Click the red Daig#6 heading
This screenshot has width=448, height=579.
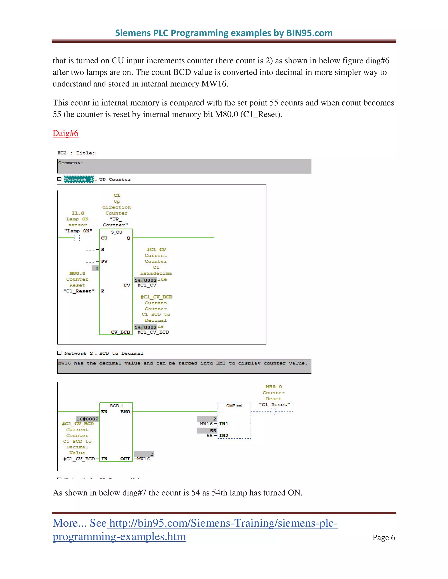tap(66, 133)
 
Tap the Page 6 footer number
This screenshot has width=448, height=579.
tap(383, 537)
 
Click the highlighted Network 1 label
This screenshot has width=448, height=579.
tap(79, 179)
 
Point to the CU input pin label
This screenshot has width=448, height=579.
tap(104, 238)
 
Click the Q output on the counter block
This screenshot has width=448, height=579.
tap(128, 238)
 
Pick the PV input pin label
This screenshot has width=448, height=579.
tap(105, 261)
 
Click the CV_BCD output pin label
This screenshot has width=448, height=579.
tap(121, 332)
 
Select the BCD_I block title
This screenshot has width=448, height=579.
tap(116, 406)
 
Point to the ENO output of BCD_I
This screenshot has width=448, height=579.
tap(125, 412)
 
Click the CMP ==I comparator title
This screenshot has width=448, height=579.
tap(234, 406)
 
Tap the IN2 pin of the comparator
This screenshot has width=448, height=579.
tap(224, 436)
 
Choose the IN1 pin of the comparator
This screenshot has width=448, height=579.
tap(224, 424)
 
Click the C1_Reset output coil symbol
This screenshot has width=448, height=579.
tap(273, 412)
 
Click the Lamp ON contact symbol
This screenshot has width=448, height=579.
tap(77, 238)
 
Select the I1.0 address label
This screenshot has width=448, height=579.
tap(78, 213)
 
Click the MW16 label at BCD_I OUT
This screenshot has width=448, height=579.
tap(143, 459)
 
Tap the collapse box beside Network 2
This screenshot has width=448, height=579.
tap(59, 353)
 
